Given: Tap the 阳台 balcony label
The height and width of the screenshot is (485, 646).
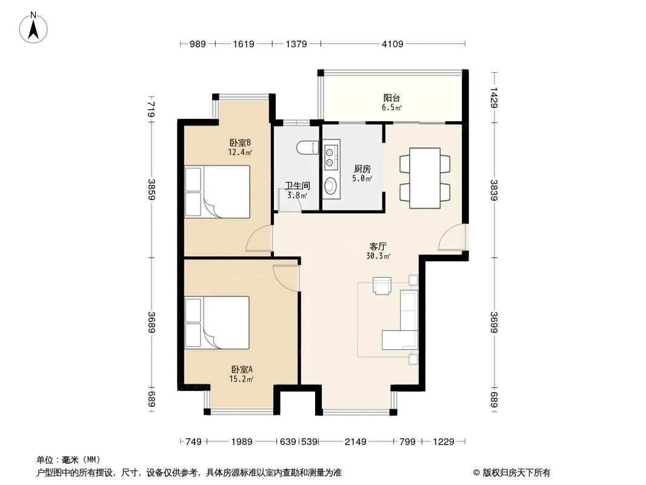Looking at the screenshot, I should click(391, 98).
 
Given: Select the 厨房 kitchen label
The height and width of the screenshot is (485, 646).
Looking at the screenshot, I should click(362, 169).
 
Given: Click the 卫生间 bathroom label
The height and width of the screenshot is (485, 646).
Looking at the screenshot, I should click(298, 186).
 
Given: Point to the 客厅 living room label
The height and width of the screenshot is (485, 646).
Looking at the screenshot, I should click(378, 247).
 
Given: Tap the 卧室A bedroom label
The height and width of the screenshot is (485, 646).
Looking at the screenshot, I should click(241, 369).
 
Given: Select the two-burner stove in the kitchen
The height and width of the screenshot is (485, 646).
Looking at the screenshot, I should click(331, 154).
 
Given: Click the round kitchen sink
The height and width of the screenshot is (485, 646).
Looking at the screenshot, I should click(331, 185).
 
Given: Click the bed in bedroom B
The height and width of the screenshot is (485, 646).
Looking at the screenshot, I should click(218, 192).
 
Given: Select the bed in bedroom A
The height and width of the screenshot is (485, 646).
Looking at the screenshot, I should click(218, 323).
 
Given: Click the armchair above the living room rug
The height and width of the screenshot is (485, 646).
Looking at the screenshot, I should click(382, 285).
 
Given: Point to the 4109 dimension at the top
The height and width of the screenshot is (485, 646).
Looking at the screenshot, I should click(392, 44).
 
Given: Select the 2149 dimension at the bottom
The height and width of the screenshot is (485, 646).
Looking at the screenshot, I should click(356, 442).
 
